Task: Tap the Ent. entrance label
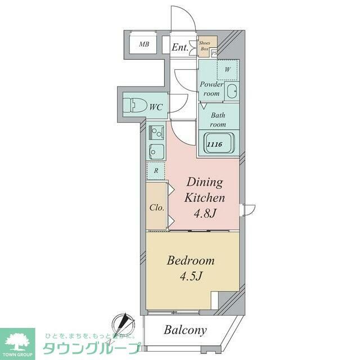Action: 180,47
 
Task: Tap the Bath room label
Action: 218,120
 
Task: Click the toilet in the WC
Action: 134,105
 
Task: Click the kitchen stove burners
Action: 156,133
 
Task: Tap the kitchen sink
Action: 156,151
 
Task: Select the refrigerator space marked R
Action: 156,169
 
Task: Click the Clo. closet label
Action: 156,208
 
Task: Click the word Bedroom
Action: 191,261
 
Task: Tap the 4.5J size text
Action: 191,277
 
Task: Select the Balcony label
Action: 185,330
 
